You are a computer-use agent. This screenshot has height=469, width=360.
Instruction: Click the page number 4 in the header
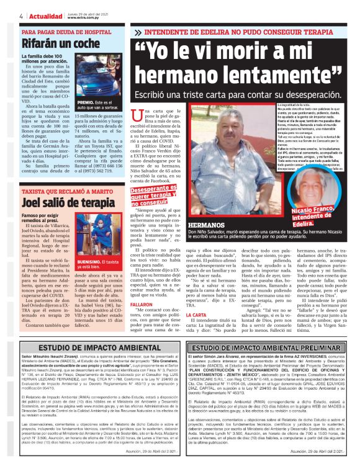click(22, 15)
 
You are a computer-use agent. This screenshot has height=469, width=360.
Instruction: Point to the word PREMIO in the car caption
click(85, 102)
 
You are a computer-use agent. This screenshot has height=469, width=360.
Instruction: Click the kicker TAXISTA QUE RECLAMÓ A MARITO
click(64, 192)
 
